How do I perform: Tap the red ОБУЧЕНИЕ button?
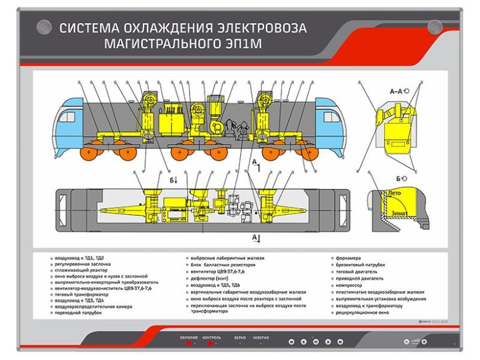189,343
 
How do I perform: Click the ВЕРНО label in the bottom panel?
240,338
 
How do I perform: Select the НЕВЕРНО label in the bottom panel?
260,338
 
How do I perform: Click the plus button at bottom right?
424,342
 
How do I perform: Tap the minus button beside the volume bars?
406,342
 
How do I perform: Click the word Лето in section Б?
394,193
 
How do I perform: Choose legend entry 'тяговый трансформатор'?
76,293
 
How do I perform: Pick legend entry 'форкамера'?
349,258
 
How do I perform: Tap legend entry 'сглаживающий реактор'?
79,271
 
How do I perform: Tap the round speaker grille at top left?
43,26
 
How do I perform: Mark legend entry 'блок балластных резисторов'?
223,265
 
